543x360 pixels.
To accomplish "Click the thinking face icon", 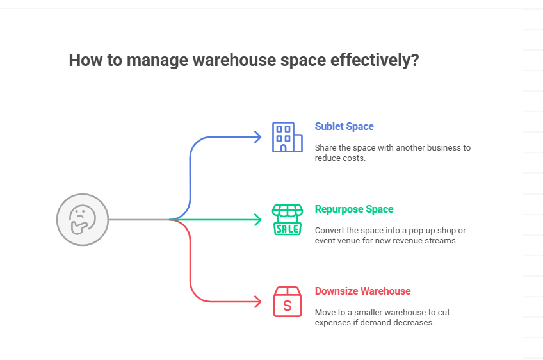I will click(82, 220).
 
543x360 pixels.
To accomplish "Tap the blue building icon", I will click(287, 137).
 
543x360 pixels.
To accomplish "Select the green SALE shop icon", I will click(287, 220).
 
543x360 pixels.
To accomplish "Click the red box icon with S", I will click(287, 302).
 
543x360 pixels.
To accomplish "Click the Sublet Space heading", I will click(344, 127).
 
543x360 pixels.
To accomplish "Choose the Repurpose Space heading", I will click(354, 209).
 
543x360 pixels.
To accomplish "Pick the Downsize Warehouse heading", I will click(362, 291).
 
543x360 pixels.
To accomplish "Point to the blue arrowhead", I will click(258, 137).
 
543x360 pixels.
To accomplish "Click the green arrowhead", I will click(258, 220).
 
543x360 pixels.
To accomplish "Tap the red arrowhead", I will click(258, 302).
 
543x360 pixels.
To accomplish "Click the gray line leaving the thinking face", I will click(138, 220).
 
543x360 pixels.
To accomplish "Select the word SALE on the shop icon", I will click(287, 228).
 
